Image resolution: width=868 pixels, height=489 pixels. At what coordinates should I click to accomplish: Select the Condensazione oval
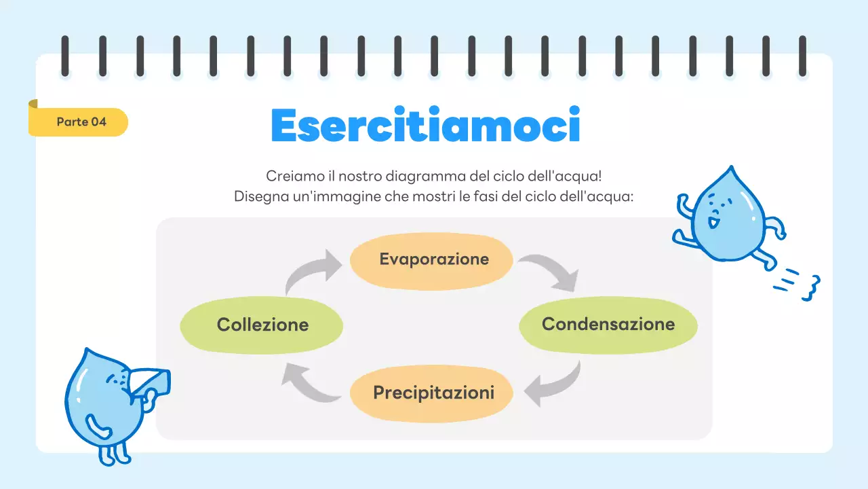pos(608,325)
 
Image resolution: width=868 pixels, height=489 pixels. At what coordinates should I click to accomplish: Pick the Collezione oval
pos(262,325)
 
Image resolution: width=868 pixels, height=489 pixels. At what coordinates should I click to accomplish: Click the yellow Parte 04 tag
pos(81,122)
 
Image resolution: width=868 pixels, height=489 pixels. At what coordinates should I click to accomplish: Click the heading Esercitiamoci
pos(425,125)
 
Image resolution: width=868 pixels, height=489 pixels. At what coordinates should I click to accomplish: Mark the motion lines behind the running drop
pos(797,283)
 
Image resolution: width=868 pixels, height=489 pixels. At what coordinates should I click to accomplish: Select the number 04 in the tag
pos(98,122)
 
